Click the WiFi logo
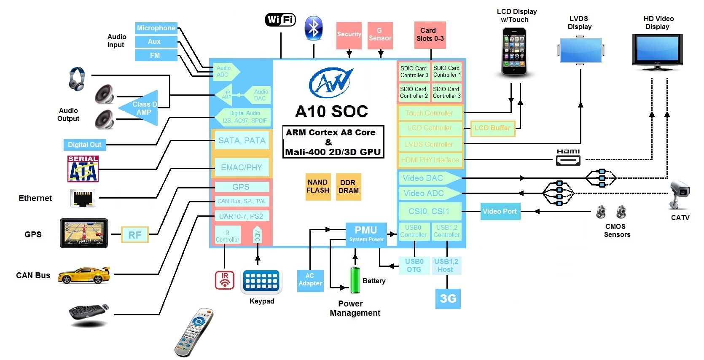point(280,19)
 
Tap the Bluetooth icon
point(313,29)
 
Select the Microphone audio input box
point(156,28)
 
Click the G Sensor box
point(380,35)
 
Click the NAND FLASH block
point(318,186)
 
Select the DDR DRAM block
point(348,186)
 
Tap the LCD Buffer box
point(492,128)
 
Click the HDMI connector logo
point(568,158)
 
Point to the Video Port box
point(500,211)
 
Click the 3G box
point(448,298)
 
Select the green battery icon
point(355,279)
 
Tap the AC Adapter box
point(310,280)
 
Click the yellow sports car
point(84,275)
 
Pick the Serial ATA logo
point(83,169)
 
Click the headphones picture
point(77,78)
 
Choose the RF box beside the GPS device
point(135,235)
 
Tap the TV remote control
point(194,332)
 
